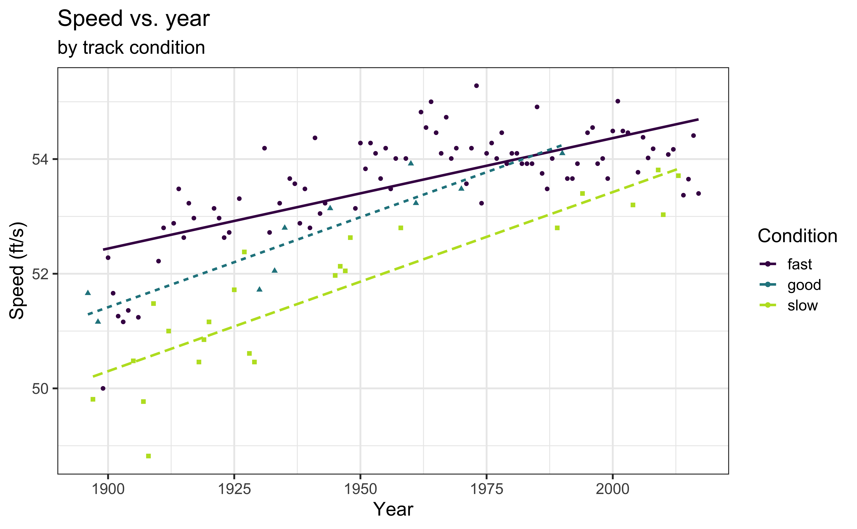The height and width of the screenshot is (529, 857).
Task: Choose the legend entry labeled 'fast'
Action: [799, 264]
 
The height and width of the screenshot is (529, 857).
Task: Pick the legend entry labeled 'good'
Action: [804, 285]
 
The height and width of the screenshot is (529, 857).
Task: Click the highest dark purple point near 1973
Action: [476, 86]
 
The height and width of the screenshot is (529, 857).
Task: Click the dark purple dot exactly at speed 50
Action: [103, 388]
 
